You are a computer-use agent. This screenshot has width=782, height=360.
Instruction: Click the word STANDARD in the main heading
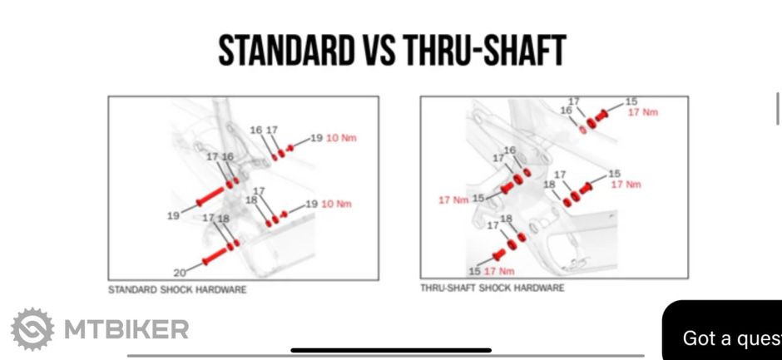coord(285,51)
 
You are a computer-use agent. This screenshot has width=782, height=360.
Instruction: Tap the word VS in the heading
coord(377,51)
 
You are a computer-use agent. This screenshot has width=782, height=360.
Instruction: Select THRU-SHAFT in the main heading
coord(484,51)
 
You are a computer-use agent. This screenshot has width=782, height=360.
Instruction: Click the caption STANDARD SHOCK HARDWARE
coord(177,289)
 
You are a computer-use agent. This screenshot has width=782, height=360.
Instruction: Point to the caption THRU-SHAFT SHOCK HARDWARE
coord(492,288)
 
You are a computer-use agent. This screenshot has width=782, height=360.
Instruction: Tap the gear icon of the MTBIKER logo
coord(32,329)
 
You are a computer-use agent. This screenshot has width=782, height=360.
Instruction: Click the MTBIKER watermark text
coord(126,329)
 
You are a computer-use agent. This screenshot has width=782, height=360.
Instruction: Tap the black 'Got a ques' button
coord(722,330)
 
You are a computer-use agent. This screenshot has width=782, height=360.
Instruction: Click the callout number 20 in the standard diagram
coord(180,273)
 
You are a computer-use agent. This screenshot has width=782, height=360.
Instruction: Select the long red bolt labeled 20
coord(215,255)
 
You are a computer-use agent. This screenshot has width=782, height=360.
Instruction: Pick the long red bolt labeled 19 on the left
coord(210,196)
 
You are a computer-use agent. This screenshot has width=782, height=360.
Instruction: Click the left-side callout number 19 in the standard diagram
coord(173,216)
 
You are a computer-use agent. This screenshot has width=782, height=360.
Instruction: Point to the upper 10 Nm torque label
coord(341,138)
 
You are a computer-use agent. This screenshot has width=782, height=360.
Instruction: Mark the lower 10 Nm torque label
coord(336,204)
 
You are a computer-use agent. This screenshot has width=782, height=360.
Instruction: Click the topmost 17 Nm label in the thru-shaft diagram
coord(643,112)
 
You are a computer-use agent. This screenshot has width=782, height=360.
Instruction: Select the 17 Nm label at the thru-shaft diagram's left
coord(454,200)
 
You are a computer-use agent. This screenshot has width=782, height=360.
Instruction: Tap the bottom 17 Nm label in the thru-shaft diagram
coord(499,271)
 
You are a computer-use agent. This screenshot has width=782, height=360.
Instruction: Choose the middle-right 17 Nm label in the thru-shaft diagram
coord(626,185)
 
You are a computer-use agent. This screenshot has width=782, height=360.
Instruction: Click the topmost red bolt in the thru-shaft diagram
coord(601,116)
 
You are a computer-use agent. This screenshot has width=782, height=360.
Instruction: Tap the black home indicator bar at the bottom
coord(391,351)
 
